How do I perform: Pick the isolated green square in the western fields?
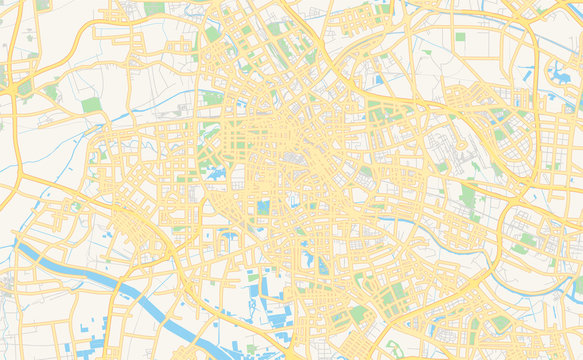pos(92,105)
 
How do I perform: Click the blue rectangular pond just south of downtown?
pos(263,208)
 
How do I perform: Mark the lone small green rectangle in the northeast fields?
pos(461,37)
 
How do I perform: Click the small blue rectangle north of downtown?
pos(378,78)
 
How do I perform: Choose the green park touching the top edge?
pos(154,7)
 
